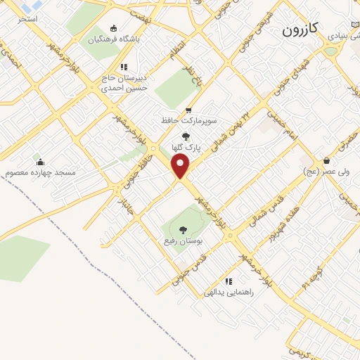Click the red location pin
pos(181,167)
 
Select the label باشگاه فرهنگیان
pos(114,39)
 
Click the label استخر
pos(27,19)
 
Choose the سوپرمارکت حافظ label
pos(188,120)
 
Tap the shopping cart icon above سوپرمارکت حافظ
pos(188,110)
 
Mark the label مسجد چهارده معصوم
pos(40,172)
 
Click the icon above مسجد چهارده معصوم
pos(40,162)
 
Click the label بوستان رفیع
pos(183,240)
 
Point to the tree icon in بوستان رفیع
pos(183,229)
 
